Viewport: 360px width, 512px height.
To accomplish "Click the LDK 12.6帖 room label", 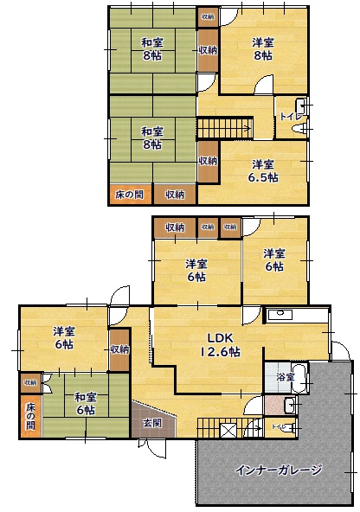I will point(222,344).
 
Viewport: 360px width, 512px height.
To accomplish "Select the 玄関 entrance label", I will point(151,422).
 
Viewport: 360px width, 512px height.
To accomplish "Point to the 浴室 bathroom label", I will point(286,377).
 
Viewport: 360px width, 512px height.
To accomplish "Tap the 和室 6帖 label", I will point(85,403).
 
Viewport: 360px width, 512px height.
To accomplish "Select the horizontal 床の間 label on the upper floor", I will point(130,195).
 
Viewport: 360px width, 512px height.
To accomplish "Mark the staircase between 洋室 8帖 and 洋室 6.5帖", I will point(223,129).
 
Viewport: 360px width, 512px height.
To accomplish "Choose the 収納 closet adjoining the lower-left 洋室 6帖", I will point(119,349).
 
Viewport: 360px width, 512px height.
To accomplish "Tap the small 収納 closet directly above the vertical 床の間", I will point(30,381).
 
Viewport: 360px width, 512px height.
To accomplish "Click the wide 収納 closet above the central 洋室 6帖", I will point(175,227).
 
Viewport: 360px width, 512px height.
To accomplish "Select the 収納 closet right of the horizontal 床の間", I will point(175,195).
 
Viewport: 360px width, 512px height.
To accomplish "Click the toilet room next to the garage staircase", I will point(280,427).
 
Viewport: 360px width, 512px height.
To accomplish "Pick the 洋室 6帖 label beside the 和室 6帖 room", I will point(62,337).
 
